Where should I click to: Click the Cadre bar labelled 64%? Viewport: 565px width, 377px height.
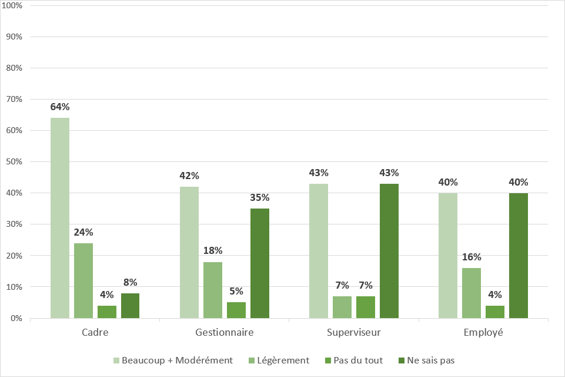point(60,218)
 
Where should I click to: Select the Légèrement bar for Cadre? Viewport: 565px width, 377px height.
point(83,280)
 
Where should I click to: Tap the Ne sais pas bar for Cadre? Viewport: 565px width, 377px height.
point(131,306)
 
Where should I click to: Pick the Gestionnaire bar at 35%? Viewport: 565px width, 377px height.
point(260,263)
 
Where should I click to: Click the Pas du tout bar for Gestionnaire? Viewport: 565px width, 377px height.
point(236,310)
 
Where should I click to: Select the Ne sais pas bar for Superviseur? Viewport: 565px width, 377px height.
point(389,251)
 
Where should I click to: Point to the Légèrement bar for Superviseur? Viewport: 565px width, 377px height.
point(342,307)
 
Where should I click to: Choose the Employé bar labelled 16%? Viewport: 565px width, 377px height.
point(472,293)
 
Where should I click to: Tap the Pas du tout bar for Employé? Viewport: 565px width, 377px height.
point(495,312)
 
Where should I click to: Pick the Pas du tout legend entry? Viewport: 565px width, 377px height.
point(355,360)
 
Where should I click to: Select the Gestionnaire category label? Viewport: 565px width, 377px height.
point(225,333)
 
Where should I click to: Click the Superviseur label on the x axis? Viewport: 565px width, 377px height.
point(354,333)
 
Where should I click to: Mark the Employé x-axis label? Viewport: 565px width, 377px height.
point(483,333)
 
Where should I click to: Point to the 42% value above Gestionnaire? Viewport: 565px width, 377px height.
point(189,176)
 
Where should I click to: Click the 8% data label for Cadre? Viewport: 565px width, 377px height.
point(131,282)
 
